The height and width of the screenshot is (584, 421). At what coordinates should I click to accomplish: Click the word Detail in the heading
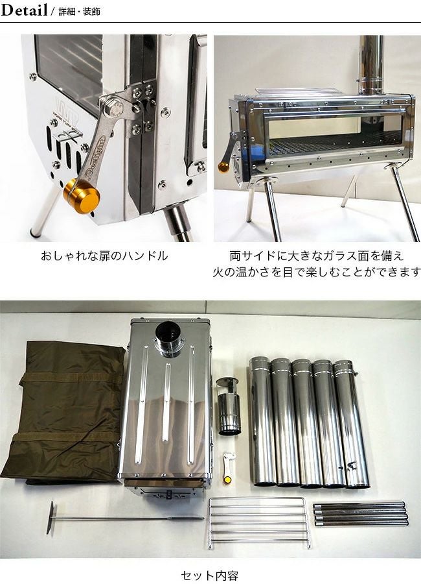point(24,10)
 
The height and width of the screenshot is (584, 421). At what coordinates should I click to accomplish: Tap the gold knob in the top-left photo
point(82,196)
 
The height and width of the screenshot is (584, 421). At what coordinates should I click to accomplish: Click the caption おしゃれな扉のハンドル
point(104,256)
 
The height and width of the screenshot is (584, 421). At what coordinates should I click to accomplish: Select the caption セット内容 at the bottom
point(209,576)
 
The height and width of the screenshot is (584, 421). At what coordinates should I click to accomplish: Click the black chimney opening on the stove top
point(168,332)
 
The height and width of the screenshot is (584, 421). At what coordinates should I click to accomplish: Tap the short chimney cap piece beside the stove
point(228,406)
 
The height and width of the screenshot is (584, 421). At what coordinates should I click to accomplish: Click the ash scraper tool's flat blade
point(51,518)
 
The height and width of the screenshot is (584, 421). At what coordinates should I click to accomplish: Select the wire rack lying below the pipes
point(260,522)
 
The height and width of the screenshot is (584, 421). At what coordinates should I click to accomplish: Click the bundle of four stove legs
point(360,514)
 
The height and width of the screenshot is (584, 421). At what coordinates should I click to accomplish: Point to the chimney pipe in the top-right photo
point(371,66)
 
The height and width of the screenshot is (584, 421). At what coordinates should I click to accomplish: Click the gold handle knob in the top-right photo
point(223,167)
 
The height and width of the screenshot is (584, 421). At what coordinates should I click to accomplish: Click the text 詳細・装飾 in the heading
point(79,12)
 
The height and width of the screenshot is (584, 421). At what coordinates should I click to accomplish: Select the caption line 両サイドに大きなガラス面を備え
point(317,256)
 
